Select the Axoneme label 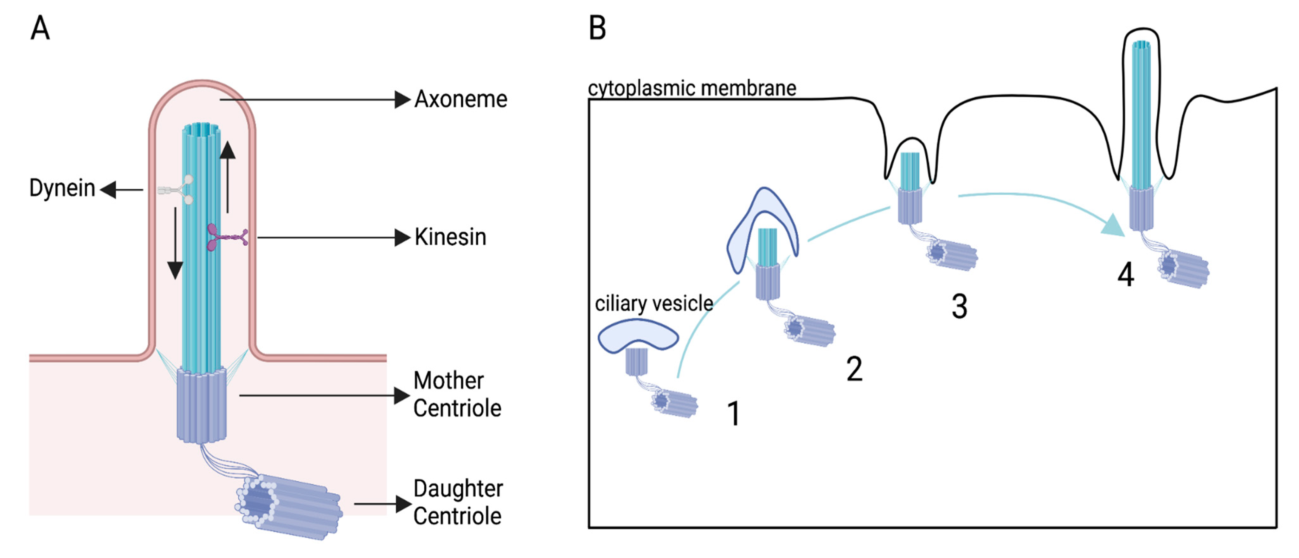[x=460, y=99]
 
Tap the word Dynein [x=62, y=188]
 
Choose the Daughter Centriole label [x=457, y=503]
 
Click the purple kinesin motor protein [x=226, y=237]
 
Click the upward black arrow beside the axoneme [x=228, y=177]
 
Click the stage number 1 [x=734, y=414]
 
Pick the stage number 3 [x=959, y=306]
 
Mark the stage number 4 [x=1126, y=276]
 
